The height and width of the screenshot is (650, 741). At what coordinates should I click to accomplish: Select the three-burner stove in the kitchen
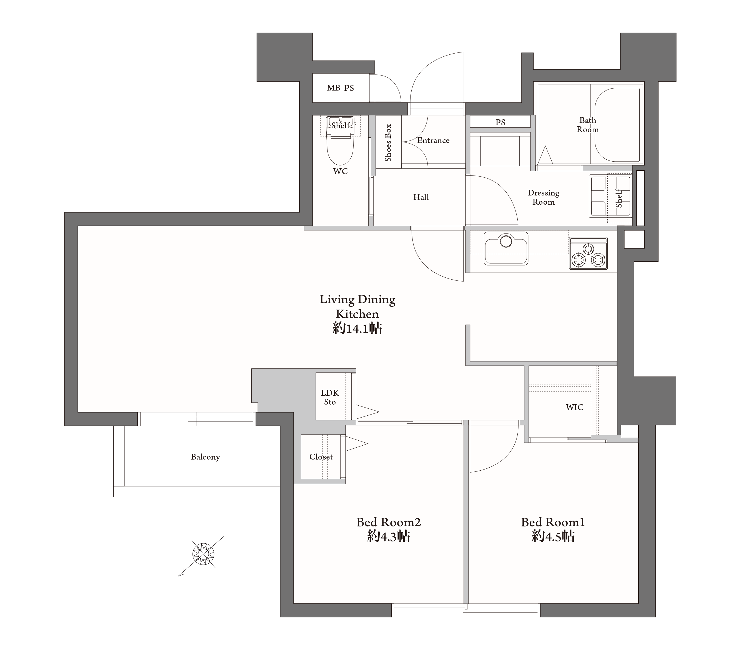588,254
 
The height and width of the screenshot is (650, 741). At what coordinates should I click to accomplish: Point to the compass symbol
203,554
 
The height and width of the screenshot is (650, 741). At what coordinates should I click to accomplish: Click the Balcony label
205,457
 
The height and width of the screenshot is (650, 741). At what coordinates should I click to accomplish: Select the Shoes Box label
388,142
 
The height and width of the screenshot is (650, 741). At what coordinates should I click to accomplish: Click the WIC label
574,407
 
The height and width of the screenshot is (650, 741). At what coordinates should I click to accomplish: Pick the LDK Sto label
330,397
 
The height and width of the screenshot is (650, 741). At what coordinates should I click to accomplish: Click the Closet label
321,457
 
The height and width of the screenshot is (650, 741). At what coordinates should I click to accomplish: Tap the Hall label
421,197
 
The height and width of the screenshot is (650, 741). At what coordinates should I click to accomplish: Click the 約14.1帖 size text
357,328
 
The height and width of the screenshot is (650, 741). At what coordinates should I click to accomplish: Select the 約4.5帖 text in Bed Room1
553,536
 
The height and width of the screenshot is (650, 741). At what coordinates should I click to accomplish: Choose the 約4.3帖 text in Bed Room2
388,536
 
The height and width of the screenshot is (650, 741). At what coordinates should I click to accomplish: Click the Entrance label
433,140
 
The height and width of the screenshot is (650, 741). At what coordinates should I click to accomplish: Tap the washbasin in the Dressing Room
610,196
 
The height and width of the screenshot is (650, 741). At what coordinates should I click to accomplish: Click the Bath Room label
588,125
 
